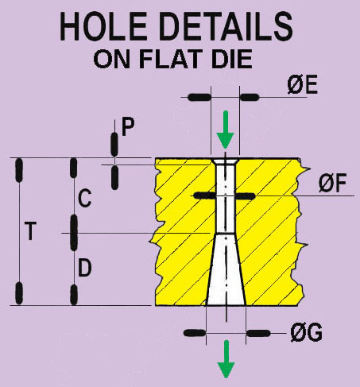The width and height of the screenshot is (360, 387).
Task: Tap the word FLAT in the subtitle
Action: pyautogui.click(x=170, y=59)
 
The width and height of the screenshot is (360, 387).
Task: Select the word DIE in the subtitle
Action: pyautogui.click(x=232, y=59)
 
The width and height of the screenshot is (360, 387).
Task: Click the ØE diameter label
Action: pyautogui.click(x=303, y=86)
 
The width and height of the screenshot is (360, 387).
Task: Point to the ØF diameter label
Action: pyautogui.click(x=332, y=184)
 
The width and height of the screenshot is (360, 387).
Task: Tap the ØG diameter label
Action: pyautogui.click(x=307, y=333)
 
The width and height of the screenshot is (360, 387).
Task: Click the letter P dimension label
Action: pyautogui.click(x=128, y=127)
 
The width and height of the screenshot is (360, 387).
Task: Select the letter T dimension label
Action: pyautogui.click(x=30, y=231)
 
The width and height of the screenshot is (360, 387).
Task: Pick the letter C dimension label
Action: pyautogui.click(x=85, y=199)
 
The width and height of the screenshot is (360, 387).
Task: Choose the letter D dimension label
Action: pyautogui.click(x=85, y=268)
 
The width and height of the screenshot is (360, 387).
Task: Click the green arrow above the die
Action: pyautogui.click(x=226, y=130)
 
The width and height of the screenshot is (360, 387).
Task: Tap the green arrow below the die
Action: pyautogui.click(x=226, y=359)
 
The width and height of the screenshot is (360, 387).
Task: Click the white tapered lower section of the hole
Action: pyautogui.click(x=226, y=270)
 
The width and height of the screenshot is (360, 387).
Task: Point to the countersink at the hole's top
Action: pyautogui.click(x=225, y=162)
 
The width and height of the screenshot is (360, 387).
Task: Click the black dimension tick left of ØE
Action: pyautogui.click(x=199, y=97)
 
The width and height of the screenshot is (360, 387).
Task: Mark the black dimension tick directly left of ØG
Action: pyautogui.click(x=195, y=333)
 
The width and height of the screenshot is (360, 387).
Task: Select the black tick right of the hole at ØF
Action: pyautogui.click(x=246, y=196)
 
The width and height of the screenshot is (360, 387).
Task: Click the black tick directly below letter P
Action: pyautogui.click(x=114, y=177)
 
